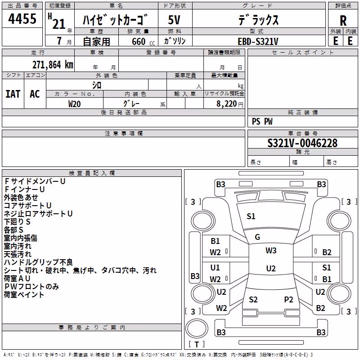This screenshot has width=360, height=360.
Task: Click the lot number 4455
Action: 22,18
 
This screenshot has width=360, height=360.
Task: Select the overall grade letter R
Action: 343,21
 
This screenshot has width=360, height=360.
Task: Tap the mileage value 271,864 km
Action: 53,65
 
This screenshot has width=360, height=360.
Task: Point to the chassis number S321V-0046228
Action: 302,143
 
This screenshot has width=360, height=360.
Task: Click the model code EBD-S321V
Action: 258,41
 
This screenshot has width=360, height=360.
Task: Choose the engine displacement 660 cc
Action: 143,41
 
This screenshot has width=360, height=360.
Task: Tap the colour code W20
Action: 74,104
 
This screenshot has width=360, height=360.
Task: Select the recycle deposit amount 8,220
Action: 226,104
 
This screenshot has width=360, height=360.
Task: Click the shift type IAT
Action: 13,94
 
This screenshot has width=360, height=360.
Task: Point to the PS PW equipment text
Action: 262,121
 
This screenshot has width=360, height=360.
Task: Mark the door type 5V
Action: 174,20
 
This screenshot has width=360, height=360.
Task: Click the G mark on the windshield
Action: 257,237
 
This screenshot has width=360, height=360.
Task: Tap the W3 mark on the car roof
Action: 271,251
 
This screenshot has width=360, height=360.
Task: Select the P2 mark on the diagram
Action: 288,300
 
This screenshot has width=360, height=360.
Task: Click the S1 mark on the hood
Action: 251,216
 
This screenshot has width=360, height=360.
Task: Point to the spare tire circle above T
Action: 197,328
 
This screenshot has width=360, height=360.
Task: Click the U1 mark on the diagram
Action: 215,268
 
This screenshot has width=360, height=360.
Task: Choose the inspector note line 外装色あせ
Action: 21,198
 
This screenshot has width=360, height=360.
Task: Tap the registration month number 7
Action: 59,41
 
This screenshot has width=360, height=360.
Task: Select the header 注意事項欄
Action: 124,133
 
